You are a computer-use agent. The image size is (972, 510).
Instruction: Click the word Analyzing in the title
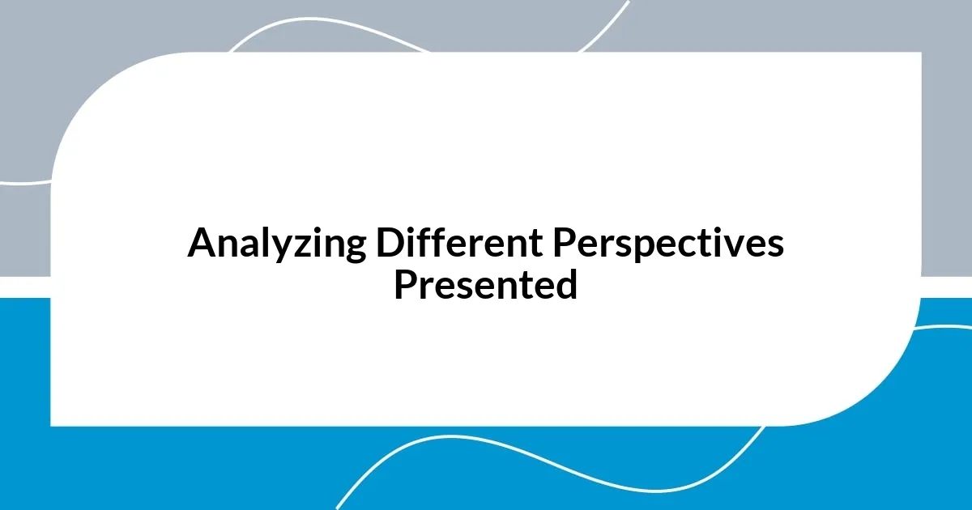pos(277,244)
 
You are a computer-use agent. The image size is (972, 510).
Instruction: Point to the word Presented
pos(485,285)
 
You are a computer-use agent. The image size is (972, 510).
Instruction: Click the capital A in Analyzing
pos(200,243)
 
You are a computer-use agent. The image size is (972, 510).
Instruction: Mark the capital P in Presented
pos(403,285)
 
